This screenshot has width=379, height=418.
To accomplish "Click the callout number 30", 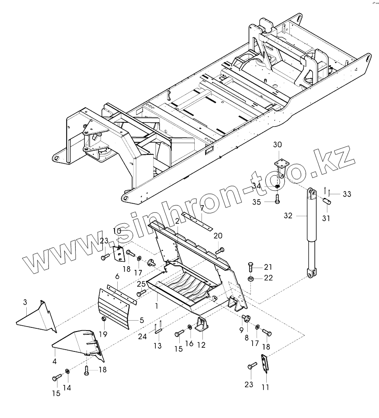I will tap(277, 144).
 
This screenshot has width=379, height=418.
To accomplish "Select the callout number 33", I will tap(346, 194).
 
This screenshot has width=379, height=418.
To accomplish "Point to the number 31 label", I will tap(326, 218).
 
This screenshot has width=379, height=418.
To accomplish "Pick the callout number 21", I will tap(269, 266).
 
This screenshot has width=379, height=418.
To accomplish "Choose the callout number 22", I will tap(269, 278).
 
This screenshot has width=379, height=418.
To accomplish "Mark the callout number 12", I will tap(201, 345).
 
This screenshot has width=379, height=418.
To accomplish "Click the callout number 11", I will tap(265, 387).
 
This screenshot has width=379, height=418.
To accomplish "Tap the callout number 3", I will tap(25, 302).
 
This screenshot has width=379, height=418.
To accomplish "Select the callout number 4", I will tap(54, 361).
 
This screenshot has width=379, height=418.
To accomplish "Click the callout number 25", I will tap(141, 284).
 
